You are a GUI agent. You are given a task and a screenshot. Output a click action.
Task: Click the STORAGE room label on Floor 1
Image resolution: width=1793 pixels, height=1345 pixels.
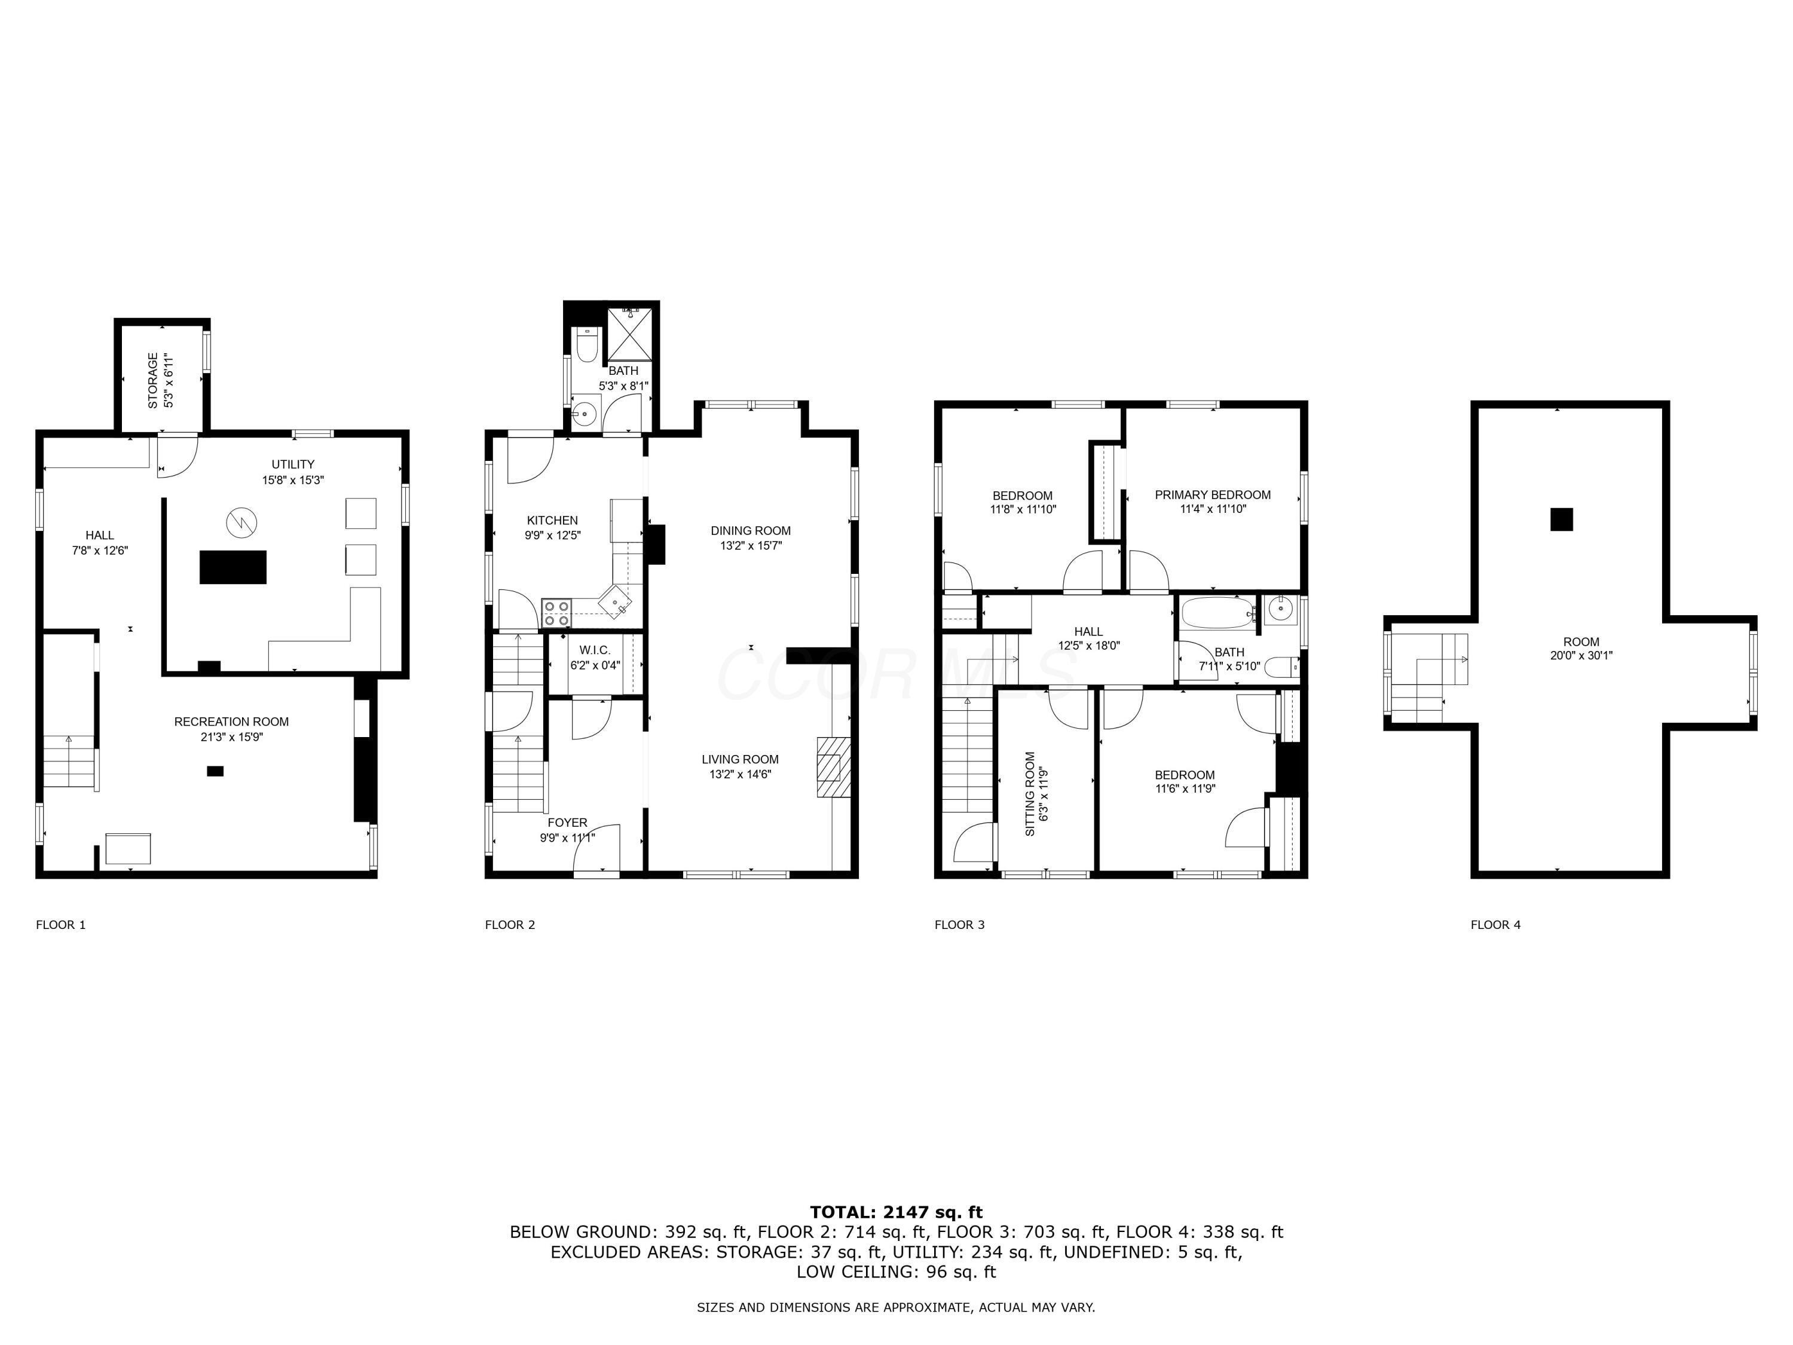tap(153, 380)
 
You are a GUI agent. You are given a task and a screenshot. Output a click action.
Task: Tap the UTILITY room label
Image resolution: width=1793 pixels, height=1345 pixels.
tap(293, 464)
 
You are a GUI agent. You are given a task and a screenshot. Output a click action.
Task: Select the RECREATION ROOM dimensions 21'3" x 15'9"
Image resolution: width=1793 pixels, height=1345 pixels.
tap(232, 737)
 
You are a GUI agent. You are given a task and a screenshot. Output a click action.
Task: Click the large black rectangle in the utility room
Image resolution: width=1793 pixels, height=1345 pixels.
tap(234, 567)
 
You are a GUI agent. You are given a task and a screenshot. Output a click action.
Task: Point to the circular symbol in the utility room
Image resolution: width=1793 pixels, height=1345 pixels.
tap(241, 522)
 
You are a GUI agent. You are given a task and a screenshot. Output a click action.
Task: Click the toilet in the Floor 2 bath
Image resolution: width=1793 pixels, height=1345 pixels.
tap(587, 346)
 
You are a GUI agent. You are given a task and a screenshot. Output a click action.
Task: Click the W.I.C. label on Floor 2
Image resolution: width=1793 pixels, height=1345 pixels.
tap(594, 650)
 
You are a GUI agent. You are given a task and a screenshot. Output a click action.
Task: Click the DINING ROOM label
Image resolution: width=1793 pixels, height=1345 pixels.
tap(751, 530)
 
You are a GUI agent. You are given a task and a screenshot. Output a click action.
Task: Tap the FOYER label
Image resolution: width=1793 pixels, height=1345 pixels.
tap(567, 822)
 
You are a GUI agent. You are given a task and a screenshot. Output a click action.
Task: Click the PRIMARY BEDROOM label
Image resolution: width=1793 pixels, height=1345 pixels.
tap(1213, 494)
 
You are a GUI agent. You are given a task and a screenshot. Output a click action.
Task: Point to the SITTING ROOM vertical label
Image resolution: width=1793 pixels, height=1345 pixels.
tap(1030, 794)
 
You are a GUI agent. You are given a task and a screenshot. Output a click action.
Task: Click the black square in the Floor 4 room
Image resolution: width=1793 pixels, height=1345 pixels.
tap(1561, 519)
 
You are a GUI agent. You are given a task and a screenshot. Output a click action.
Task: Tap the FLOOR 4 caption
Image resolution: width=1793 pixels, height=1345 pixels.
tap(1495, 924)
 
